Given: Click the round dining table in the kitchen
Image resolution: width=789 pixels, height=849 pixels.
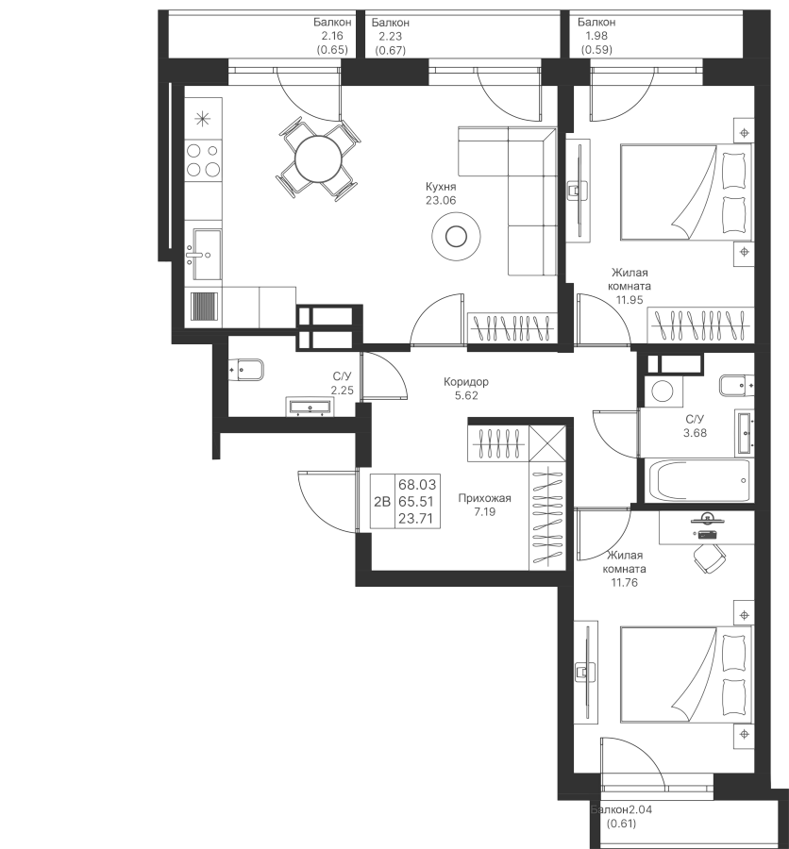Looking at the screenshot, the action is pyautogui.click(x=319, y=159).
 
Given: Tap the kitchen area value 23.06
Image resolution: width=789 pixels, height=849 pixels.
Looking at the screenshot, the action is pyautogui.click(x=441, y=200).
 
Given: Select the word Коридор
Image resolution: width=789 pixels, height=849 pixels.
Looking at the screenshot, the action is pyautogui.click(x=466, y=382).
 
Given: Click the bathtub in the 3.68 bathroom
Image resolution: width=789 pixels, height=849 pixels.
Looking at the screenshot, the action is pyautogui.click(x=697, y=481).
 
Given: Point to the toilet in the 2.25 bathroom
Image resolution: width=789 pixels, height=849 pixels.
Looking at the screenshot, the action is pyautogui.click(x=245, y=370).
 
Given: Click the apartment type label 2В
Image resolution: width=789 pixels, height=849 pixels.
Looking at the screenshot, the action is pyautogui.click(x=382, y=502).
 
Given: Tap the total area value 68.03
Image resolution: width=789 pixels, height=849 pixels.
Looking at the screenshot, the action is pyautogui.click(x=416, y=484).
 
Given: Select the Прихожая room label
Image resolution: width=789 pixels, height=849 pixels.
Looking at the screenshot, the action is pyautogui.click(x=484, y=498).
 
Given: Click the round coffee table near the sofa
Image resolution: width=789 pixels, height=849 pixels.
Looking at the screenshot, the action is pyautogui.click(x=456, y=236).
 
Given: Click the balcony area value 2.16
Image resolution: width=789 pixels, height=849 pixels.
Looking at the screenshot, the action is pyautogui.click(x=332, y=36).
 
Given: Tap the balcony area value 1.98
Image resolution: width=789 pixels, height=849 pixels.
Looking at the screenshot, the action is pyautogui.click(x=596, y=36).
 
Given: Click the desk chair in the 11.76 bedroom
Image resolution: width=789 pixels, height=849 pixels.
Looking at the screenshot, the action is pyautogui.click(x=710, y=558).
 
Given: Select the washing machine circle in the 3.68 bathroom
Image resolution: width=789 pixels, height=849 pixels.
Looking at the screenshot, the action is pyautogui.click(x=662, y=391).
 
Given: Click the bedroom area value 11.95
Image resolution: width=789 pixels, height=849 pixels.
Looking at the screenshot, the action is pyautogui.click(x=630, y=299).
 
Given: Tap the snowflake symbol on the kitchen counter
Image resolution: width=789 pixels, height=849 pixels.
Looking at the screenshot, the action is pyautogui.click(x=203, y=119).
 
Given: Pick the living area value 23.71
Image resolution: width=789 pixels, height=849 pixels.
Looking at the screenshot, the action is pyautogui.click(x=416, y=519).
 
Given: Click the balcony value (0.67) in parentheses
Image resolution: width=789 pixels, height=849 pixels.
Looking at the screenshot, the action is pyautogui.click(x=390, y=50).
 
